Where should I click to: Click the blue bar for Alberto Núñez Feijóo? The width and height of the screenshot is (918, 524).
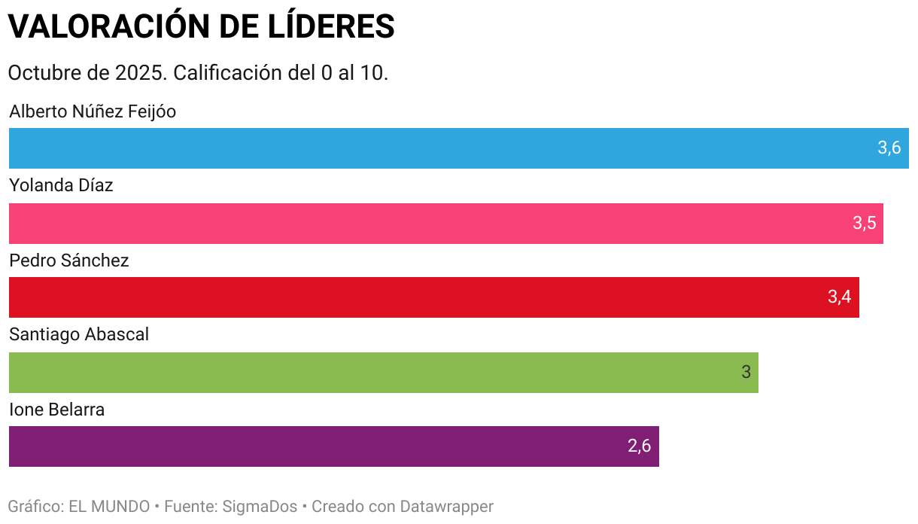[x=436, y=148]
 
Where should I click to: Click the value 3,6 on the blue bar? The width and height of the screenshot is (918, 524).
[x=889, y=148]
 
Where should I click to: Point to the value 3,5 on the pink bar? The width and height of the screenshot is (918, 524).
[x=864, y=224]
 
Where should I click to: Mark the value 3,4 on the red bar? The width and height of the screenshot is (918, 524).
[x=839, y=297]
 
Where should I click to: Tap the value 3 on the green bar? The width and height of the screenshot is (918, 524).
[x=746, y=373]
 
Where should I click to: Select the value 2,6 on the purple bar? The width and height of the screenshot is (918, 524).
[x=639, y=446]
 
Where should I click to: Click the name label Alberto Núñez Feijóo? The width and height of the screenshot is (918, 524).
[x=93, y=112]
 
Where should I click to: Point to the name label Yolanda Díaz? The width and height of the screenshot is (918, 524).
[x=61, y=186]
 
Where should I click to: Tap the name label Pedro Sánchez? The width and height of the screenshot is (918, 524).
[x=69, y=261]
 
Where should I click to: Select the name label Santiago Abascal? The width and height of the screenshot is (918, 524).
[x=79, y=335]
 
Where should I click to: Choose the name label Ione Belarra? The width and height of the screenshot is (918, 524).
[x=56, y=410]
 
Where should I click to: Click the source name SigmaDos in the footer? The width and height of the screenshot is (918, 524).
[x=260, y=507]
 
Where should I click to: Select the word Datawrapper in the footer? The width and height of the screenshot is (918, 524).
[x=446, y=507]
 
